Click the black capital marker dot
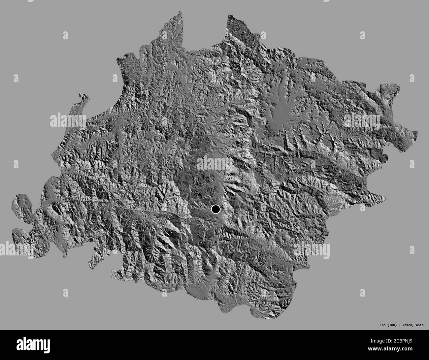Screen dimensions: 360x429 (215, 209)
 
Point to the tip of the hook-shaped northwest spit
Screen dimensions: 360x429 (80, 96)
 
